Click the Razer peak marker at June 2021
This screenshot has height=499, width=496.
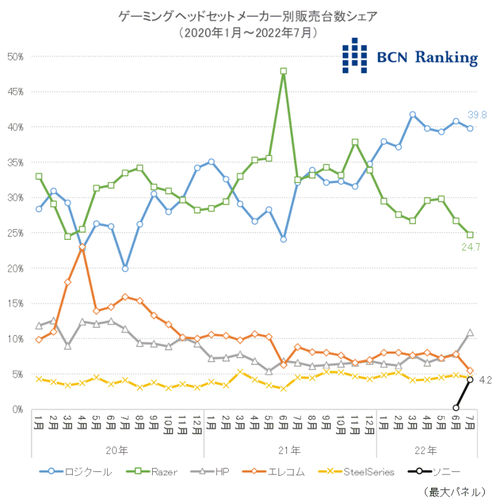click(283, 71)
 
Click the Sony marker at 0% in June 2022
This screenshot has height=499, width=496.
click(456, 408)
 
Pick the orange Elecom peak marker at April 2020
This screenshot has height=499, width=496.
click(82, 247)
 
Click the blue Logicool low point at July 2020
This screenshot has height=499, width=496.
click(125, 268)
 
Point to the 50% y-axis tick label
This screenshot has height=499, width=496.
click(15, 57)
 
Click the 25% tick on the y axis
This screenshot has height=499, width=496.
click(15, 233)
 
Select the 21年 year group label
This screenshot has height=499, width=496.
click(290, 451)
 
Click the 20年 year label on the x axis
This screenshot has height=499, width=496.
click(118, 451)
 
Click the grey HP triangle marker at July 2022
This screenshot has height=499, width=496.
click(470, 333)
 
